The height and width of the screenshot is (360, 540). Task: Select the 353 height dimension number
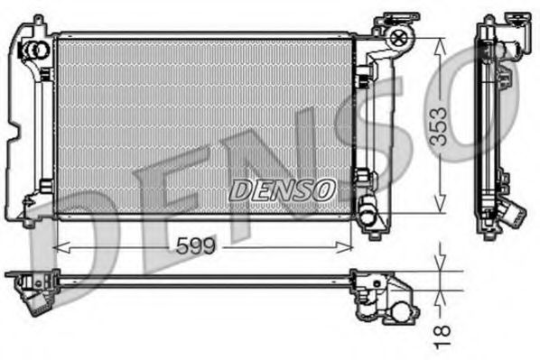[441, 126]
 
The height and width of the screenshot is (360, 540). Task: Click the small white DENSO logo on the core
[282, 190]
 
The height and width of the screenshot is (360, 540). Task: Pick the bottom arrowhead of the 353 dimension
[441, 209]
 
